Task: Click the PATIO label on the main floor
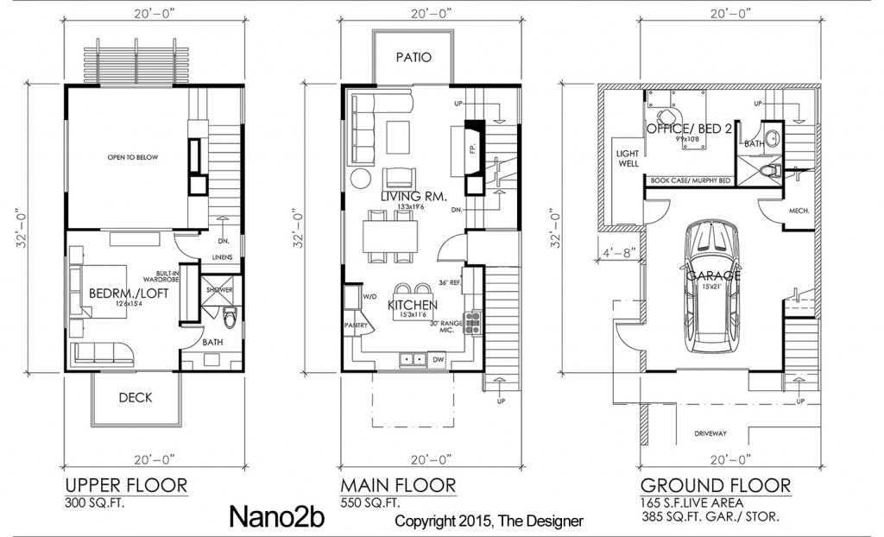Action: [413, 58]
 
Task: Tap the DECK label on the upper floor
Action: [136, 397]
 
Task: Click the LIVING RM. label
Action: [414, 197]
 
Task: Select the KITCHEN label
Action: [412, 305]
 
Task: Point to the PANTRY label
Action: [356, 325]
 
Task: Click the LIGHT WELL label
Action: [627, 157]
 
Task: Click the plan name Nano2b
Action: [278, 515]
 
